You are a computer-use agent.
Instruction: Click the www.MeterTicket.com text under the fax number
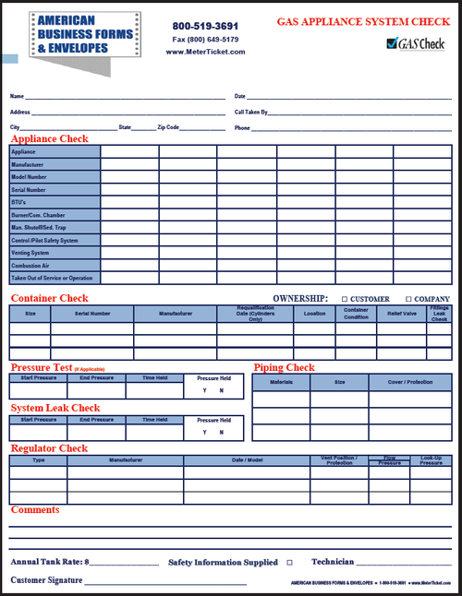[x=205, y=52]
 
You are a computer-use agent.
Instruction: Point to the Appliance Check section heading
[x=49, y=138]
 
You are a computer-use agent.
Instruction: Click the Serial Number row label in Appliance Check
[x=29, y=189]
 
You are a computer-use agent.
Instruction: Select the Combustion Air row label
[x=31, y=265]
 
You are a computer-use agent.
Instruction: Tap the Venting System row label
[x=30, y=252]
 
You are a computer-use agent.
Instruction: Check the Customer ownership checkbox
[x=345, y=299]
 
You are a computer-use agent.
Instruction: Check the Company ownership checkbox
[x=409, y=299]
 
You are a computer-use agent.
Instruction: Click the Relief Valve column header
[x=401, y=314]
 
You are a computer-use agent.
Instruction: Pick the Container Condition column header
[x=356, y=314]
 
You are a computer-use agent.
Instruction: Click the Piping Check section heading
[x=284, y=367]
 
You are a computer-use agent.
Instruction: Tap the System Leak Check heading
[x=55, y=408]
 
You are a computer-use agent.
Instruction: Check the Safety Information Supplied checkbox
[x=289, y=562]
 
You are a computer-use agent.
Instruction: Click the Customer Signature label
[x=46, y=580]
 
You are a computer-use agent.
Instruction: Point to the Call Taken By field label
[x=251, y=112]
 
